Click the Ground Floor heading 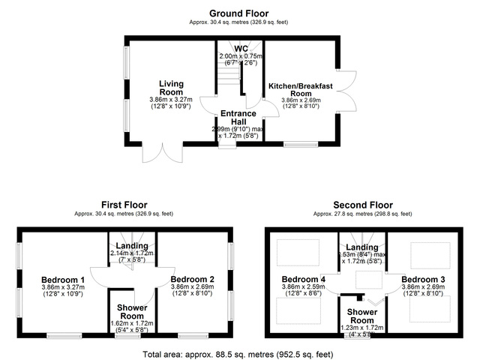tap(239, 13)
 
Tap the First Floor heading tap(124, 204)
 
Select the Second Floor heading tap(363, 204)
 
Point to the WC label tap(241, 49)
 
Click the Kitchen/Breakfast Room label tap(300, 91)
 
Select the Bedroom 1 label tap(62, 280)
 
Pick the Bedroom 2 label tap(193, 279)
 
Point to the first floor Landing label tap(132, 246)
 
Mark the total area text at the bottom tap(239, 352)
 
